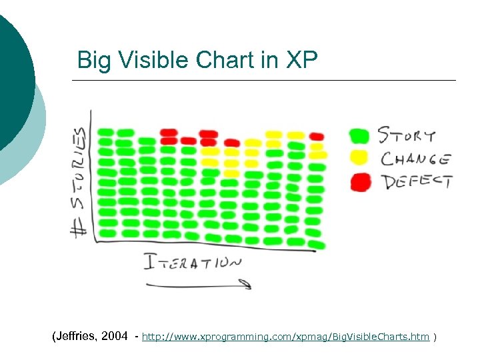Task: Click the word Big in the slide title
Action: (93, 60)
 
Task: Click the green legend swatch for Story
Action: (359, 136)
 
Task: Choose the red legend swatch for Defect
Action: (361, 181)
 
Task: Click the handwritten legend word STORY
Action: (407, 136)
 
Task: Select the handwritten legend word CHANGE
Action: (415, 159)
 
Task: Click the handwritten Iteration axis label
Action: (193, 261)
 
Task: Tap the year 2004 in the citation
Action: (115, 337)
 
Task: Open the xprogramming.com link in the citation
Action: (286, 337)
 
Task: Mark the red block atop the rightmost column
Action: (317, 137)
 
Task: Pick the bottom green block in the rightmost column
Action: (317, 245)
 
